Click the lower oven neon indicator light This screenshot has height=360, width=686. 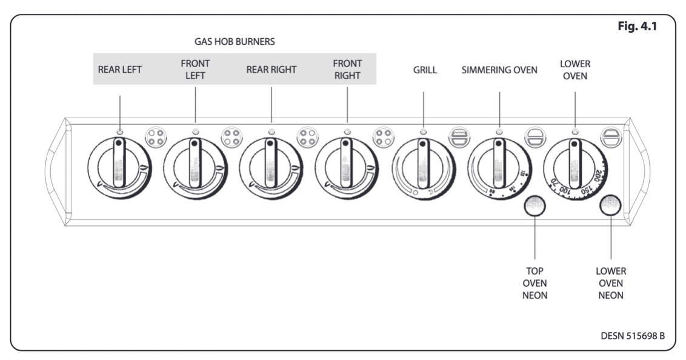click(x=611, y=206)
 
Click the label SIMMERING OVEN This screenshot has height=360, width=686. click(x=499, y=70)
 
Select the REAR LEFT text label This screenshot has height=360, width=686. click(x=120, y=70)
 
